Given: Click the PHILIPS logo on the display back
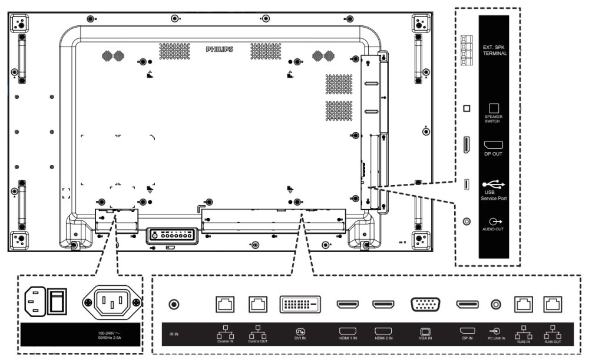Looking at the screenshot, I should point(219,49).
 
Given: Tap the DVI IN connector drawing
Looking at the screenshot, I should point(300,305).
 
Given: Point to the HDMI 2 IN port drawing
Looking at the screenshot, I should point(383,305).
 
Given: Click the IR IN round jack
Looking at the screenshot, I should point(174,305).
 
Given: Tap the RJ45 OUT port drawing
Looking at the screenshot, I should point(552,305).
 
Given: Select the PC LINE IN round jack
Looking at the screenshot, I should point(497,305).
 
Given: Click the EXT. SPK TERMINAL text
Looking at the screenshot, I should point(495,49).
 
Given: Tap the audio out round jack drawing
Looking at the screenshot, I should point(466,221).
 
